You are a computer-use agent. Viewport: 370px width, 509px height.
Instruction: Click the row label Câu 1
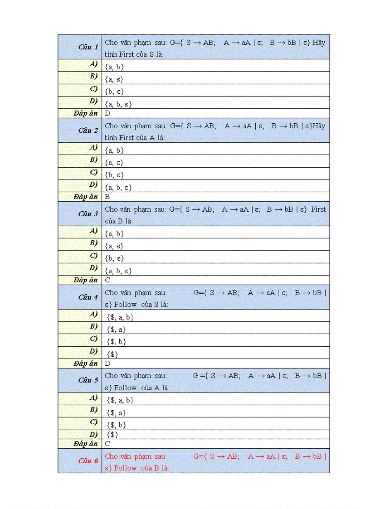(88, 47)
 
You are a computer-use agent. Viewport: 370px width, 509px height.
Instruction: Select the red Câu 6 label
(88, 461)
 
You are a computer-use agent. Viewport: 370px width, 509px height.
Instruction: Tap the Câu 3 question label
(88, 213)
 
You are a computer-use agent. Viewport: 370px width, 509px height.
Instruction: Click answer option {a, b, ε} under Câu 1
(118, 104)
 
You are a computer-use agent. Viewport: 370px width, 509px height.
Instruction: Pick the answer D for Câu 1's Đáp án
(107, 113)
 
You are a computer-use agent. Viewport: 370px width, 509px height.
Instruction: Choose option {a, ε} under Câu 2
(114, 162)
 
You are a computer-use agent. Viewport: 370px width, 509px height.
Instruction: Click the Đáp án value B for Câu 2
(107, 197)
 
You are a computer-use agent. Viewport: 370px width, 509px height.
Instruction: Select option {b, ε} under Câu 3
(114, 258)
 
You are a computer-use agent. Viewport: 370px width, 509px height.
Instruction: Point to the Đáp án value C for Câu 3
(107, 280)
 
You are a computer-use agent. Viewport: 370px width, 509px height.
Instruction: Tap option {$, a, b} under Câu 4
(120, 317)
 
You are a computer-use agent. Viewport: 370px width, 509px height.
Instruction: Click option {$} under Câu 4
(112, 354)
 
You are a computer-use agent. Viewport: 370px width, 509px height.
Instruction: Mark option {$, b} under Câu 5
(116, 425)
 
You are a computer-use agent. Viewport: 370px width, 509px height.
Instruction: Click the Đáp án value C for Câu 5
(107, 444)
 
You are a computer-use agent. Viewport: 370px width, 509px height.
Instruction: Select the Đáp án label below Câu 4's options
(86, 364)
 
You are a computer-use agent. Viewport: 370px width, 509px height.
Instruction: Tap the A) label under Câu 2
(94, 147)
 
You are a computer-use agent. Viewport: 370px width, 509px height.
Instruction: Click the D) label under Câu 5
(94, 434)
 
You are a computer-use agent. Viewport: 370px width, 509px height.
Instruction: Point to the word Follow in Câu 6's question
(125, 468)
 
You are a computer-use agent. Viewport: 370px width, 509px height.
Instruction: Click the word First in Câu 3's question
(318, 209)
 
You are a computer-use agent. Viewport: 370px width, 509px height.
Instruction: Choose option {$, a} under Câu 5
(116, 413)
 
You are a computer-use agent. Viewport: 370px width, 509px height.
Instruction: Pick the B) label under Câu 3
(94, 243)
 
